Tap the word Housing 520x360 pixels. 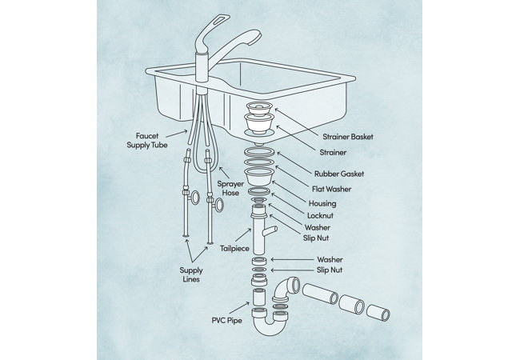[x=322, y=203]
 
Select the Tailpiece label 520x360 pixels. [x=235, y=248]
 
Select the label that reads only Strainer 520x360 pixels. [x=332, y=152]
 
